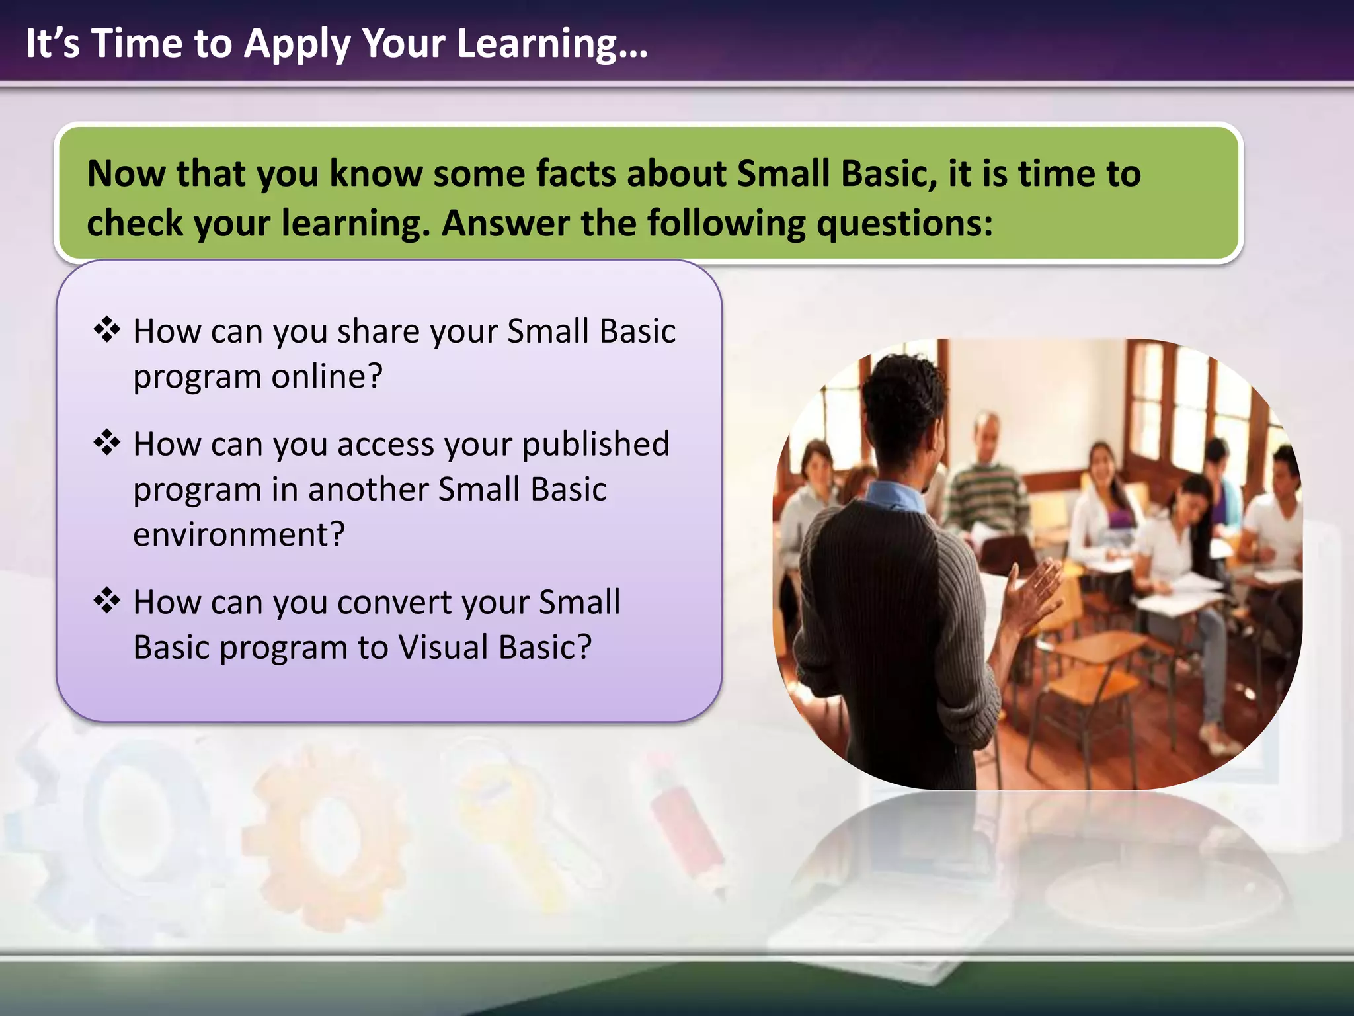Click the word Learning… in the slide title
(552, 44)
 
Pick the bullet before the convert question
(106, 601)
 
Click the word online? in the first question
(327, 376)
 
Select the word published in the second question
(595, 444)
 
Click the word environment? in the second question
(239, 534)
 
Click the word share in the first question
(378, 331)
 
